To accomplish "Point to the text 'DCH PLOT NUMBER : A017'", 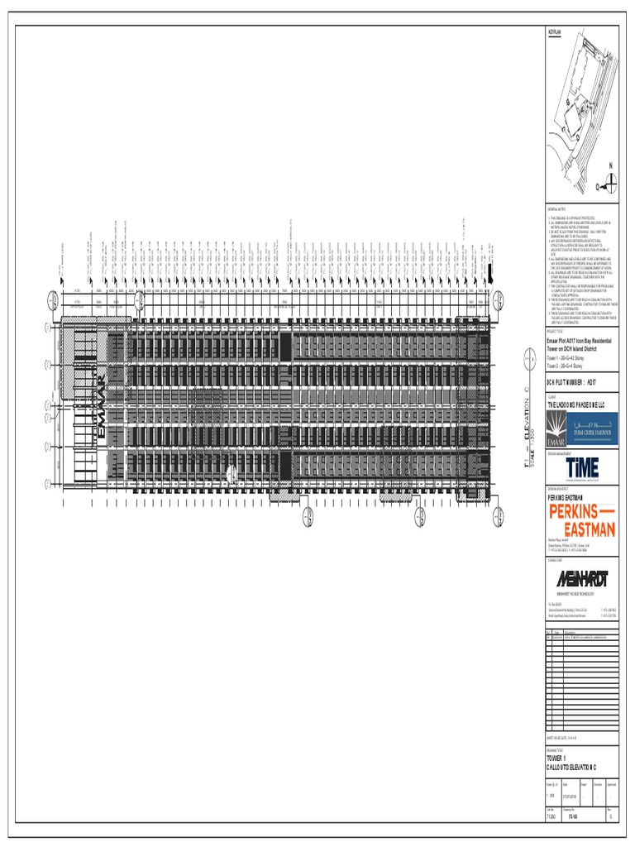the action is (x=571, y=382).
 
